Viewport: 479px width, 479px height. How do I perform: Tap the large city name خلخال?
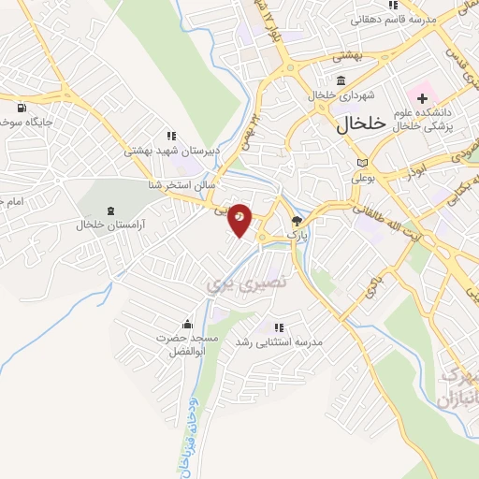click(356, 123)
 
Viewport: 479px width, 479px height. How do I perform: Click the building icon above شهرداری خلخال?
click(340, 79)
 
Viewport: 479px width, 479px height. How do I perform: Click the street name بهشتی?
click(342, 57)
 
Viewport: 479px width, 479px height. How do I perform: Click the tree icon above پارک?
click(298, 222)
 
